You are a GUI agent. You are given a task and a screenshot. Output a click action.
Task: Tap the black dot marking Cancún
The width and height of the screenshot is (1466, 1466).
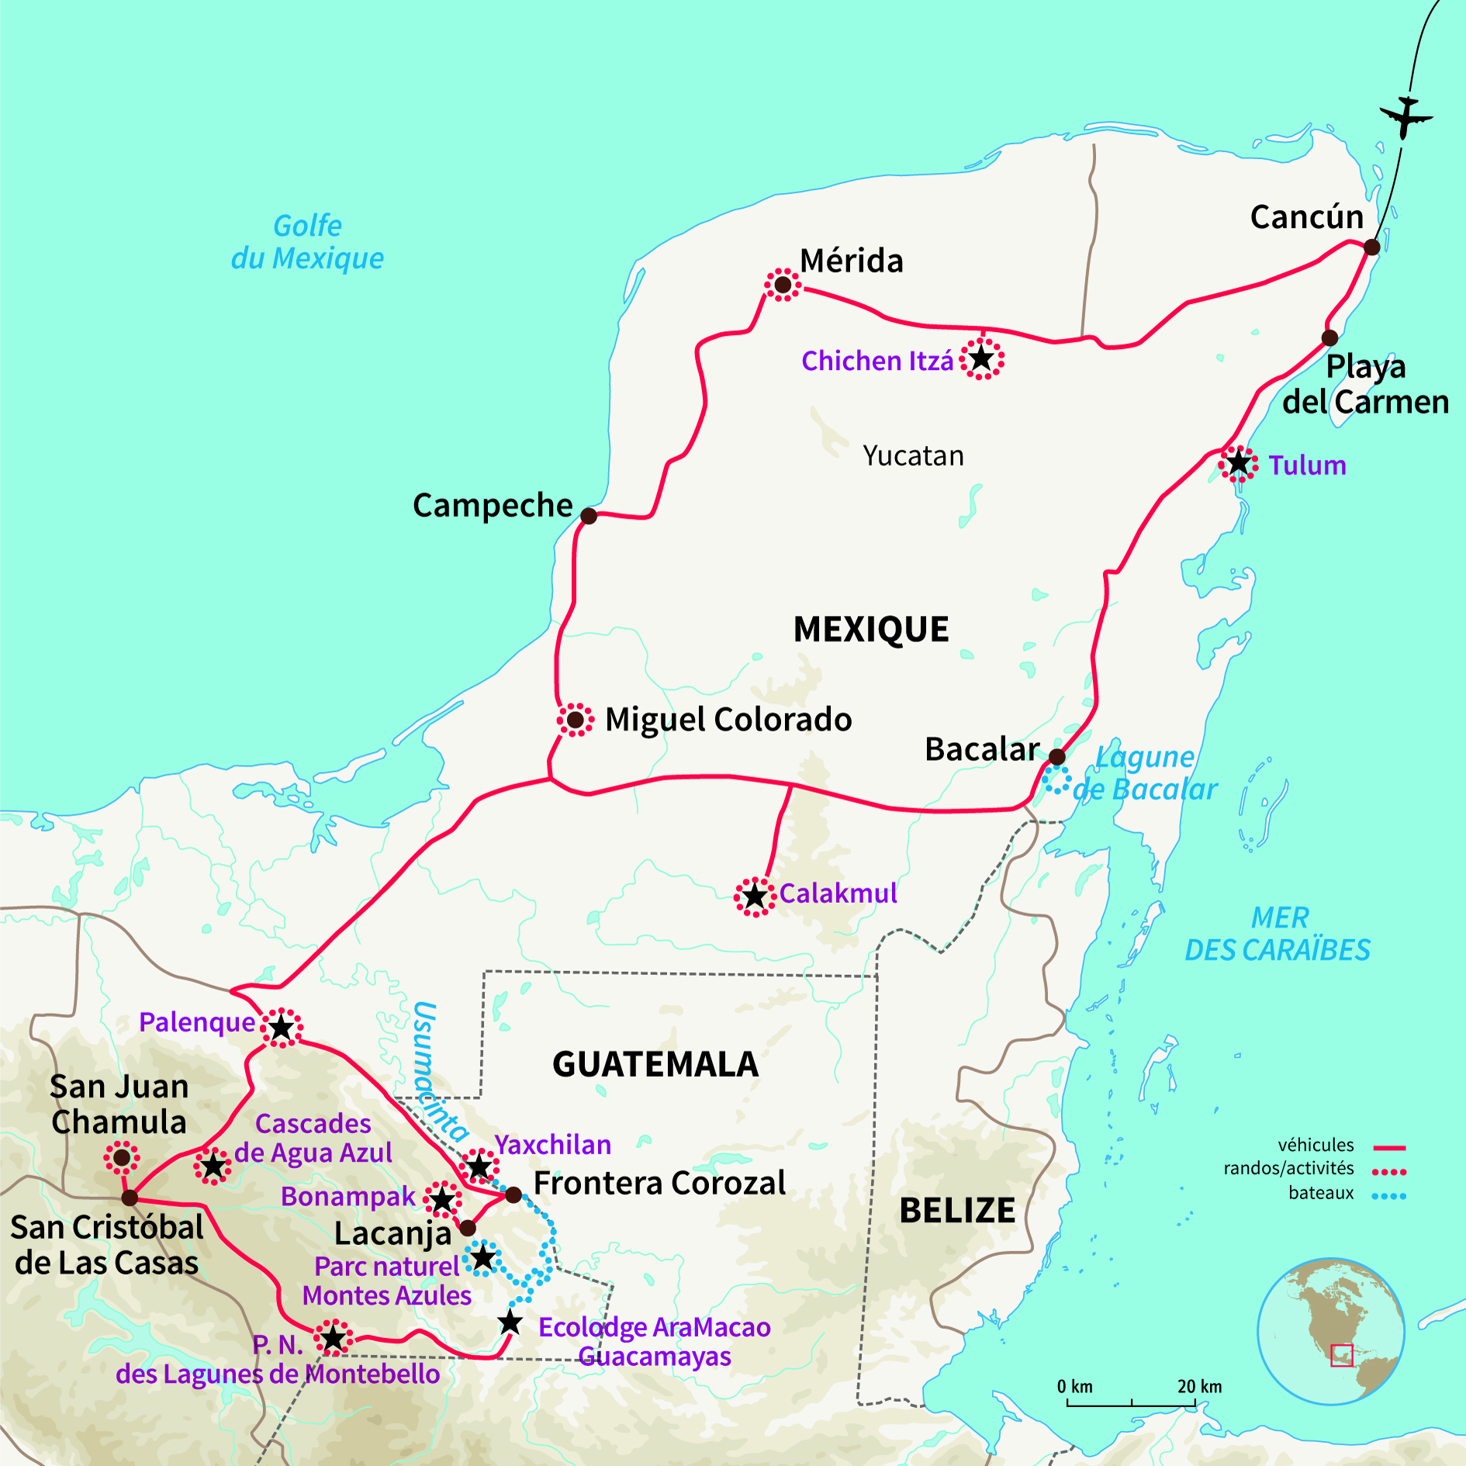(1371, 247)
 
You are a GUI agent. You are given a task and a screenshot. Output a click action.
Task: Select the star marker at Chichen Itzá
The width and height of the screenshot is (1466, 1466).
(982, 358)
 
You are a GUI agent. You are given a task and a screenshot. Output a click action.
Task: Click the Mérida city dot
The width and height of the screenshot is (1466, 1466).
(783, 285)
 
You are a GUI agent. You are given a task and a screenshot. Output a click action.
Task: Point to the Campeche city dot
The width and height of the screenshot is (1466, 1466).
(589, 516)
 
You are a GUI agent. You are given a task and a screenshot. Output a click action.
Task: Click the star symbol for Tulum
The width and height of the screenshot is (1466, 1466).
(1239, 464)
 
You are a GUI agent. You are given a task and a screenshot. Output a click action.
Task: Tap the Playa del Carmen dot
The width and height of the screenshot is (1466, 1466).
(1329, 338)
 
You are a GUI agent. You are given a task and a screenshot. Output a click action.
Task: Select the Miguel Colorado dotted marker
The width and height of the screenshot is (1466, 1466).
(575, 720)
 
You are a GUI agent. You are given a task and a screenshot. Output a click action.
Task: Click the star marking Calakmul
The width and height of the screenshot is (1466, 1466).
(755, 897)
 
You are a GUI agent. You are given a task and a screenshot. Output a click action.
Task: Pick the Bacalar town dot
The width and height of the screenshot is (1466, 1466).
(1056, 756)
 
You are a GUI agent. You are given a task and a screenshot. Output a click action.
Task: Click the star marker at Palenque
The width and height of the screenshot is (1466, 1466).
(282, 1029)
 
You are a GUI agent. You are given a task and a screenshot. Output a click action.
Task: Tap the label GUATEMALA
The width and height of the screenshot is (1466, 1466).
(655, 1064)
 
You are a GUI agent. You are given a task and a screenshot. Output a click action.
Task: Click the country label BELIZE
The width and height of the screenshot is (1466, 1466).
(956, 1210)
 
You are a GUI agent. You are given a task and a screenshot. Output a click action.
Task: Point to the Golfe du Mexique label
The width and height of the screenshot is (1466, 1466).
(307, 242)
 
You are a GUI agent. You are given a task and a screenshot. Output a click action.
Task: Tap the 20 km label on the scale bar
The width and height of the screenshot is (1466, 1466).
(1199, 1386)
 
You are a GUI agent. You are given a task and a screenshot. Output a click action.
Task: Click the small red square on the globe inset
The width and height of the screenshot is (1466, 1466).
(1341, 1355)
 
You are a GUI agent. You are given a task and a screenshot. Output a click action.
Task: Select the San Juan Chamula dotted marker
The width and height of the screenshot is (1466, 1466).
(122, 1158)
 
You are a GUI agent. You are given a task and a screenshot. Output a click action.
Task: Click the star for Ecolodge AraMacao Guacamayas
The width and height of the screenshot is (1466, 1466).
(510, 1323)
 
